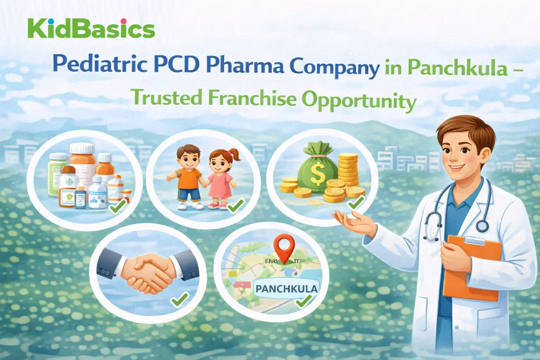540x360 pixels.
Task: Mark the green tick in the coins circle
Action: (x=354, y=203)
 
